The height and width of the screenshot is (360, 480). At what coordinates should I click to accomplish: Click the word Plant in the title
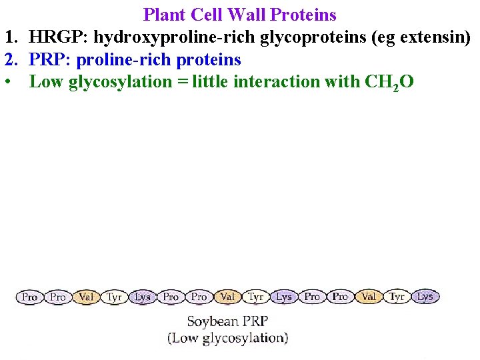(164, 14)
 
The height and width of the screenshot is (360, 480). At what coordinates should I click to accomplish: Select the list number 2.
(10, 60)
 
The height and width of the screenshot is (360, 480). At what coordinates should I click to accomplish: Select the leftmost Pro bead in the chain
(29, 297)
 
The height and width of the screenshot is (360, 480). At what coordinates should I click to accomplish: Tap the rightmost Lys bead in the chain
(425, 297)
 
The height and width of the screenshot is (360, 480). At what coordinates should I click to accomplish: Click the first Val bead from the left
(86, 297)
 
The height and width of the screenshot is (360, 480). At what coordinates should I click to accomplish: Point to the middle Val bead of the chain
(227, 297)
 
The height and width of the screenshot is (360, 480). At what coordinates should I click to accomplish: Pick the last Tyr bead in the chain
(397, 297)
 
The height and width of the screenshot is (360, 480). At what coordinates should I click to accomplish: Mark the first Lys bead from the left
(143, 297)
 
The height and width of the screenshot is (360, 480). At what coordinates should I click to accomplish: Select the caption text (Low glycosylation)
(227, 338)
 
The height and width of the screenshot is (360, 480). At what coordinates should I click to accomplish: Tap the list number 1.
(9, 37)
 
